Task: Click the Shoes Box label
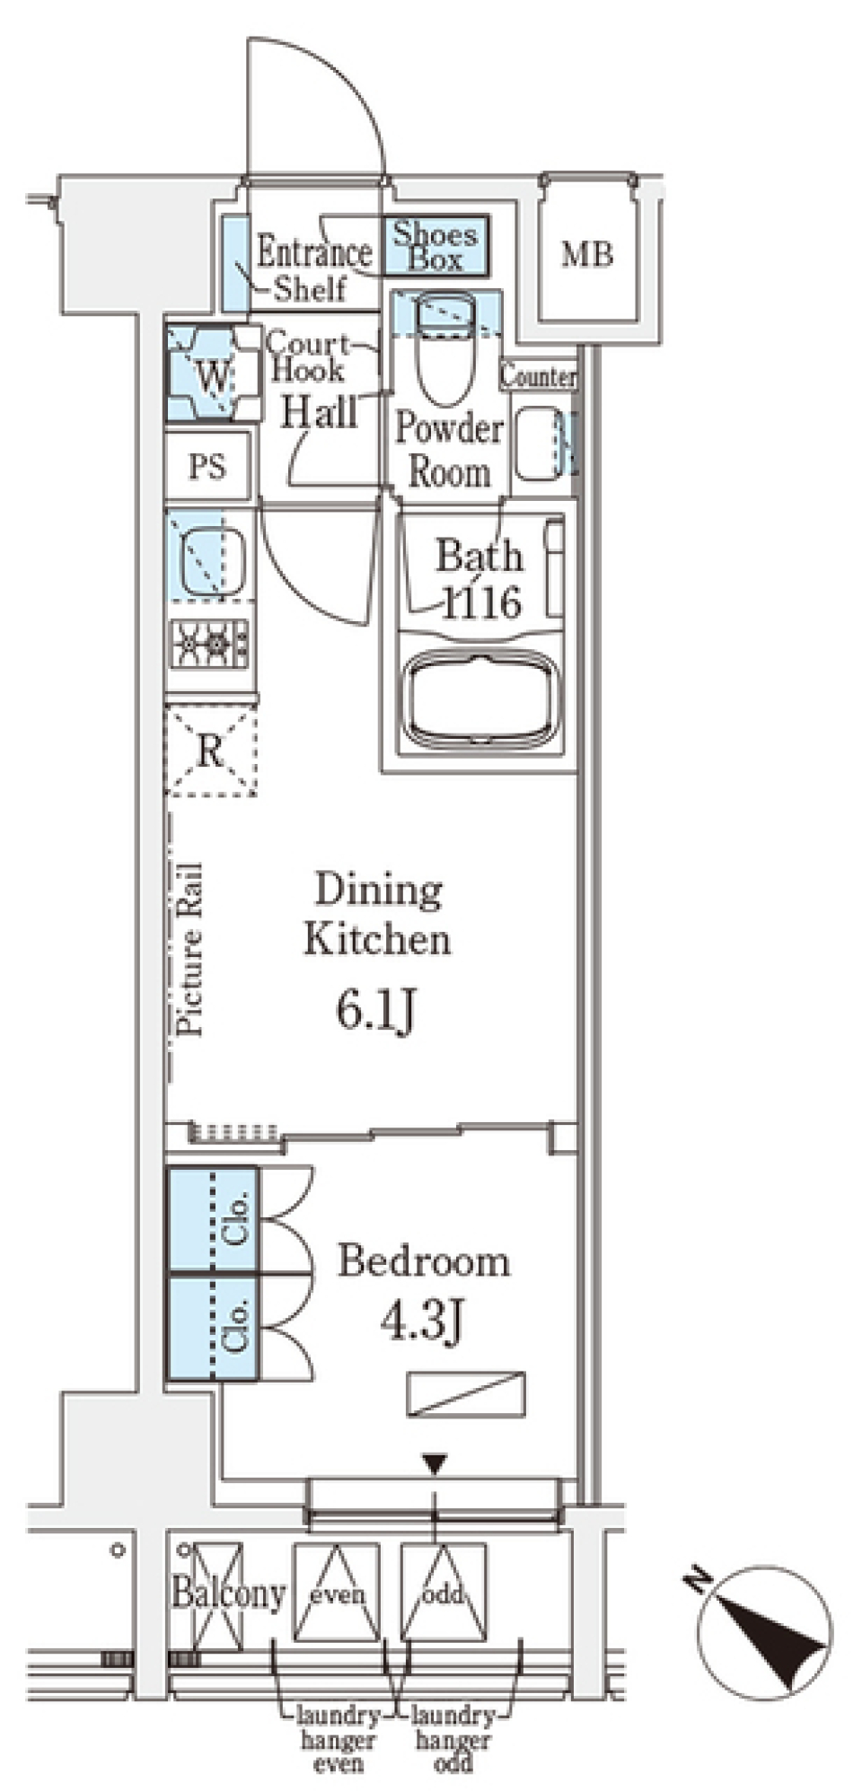(435, 247)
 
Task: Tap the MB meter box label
(587, 255)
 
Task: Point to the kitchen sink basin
(214, 563)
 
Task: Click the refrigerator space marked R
(211, 751)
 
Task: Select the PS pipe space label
(207, 466)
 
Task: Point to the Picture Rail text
(189, 949)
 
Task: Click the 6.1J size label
(376, 1012)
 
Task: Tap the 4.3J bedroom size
(422, 1319)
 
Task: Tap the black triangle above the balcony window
(435, 1465)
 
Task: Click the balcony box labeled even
(338, 1593)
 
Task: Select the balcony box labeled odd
(444, 1593)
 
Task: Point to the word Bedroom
(423, 1261)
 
